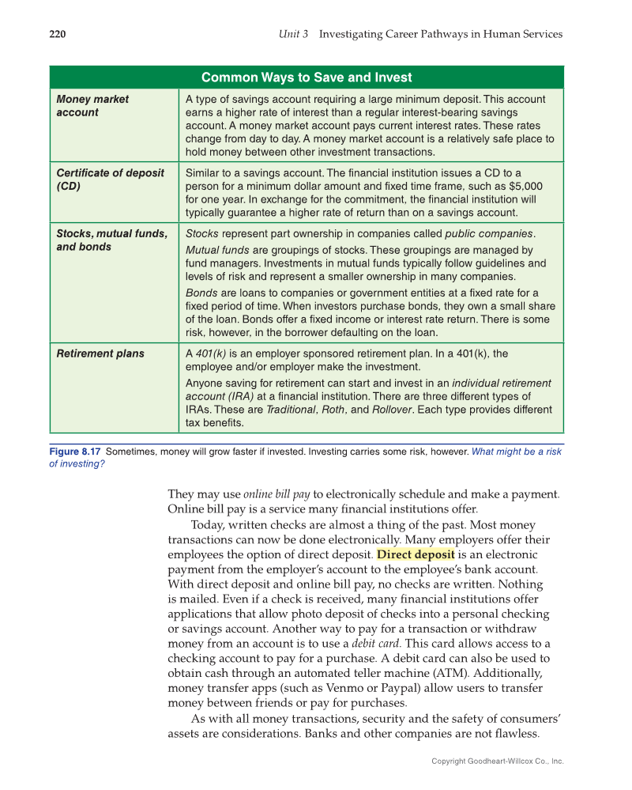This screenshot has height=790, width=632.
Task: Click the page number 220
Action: tap(58, 34)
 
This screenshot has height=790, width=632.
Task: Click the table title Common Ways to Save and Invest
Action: tap(307, 77)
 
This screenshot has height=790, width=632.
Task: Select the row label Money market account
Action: tap(92, 106)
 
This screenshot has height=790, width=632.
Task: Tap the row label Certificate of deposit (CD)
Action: tap(110, 180)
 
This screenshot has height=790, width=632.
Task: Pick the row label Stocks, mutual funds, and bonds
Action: tap(111, 240)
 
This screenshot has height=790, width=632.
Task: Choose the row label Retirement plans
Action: tap(100, 353)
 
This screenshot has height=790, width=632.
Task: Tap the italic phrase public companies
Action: tap(489, 233)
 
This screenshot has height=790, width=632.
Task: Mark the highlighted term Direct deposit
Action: tap(416, 554)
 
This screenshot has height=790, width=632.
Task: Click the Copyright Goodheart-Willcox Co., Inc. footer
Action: tap(497, 761)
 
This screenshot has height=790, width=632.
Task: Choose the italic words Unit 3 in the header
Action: tap(294, 34)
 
